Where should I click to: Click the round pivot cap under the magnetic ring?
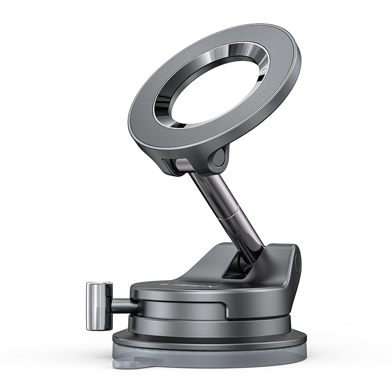click(x=218, y=158)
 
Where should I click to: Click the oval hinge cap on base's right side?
click(x=297, y=263)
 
